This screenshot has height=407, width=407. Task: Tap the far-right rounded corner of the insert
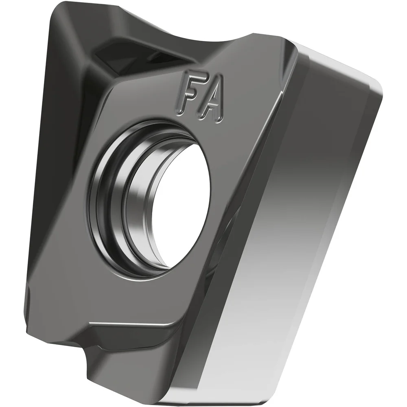click(x=376, y=88)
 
